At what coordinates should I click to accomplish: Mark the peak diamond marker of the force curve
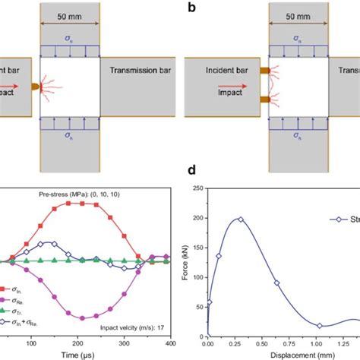241,219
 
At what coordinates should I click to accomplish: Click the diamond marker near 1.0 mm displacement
320,326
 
